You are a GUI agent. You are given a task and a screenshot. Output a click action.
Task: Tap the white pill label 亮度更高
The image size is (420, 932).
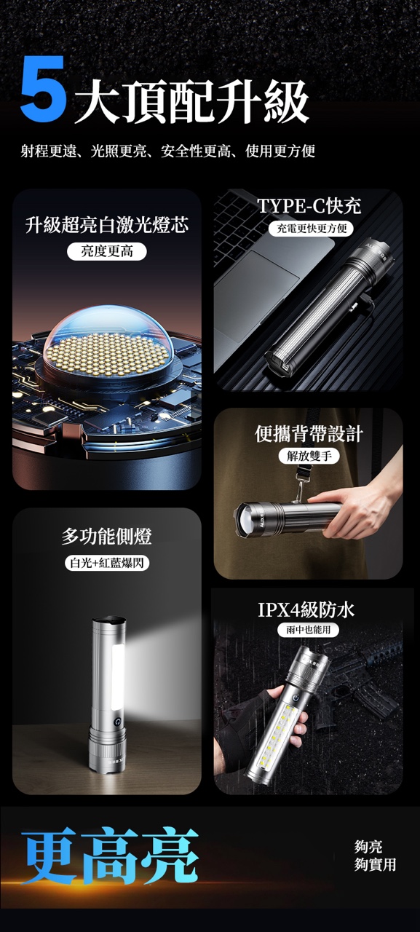[x=107, y=252]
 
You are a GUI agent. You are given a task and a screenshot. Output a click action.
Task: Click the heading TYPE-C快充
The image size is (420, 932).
[x=309, y=205]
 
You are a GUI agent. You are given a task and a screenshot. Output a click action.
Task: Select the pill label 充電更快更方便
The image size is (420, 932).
[x=312, y=228]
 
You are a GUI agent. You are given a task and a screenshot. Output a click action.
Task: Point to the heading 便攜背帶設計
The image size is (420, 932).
[x=309, y=434]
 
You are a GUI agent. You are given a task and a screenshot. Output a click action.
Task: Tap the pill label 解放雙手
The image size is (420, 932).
[x=309, y=456]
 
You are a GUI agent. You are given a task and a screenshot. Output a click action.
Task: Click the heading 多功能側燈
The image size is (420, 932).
[x=107, y=536]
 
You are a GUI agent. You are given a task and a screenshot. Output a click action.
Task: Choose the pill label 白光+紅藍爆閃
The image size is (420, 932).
[x=107, y=563]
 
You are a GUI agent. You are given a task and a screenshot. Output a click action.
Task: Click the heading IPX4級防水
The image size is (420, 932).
[x=306, y=610]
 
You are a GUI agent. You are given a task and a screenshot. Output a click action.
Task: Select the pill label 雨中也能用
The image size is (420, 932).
[x=308, y=630]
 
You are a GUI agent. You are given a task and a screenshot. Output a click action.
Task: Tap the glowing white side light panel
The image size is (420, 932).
[x=116, y=676]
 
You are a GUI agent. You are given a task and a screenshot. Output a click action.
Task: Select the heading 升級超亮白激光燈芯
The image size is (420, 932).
[x=107, y=225]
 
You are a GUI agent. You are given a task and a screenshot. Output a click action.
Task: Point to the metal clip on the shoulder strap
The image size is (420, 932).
[x=300, y=491]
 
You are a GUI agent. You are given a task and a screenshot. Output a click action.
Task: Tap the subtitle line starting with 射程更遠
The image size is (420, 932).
[x=168, y=151]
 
